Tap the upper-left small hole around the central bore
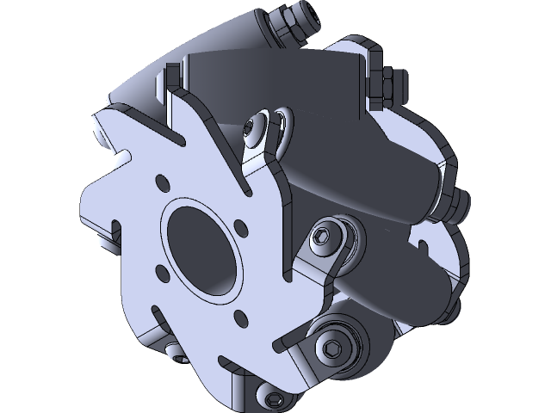coord(161,182)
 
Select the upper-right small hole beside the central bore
coord(242,229)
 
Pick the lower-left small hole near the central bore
coord(162,272)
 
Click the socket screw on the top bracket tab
coord(250,127)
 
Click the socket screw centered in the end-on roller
coord(331,348)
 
